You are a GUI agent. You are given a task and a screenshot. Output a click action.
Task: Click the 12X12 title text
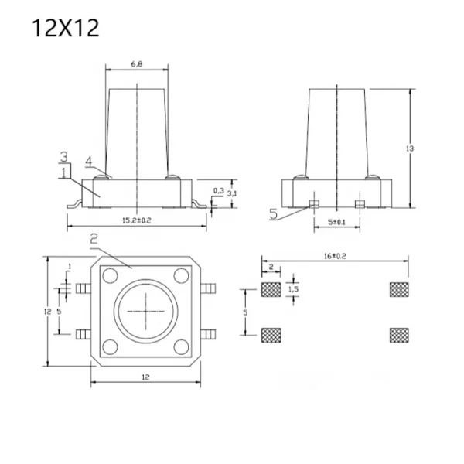[65, 28]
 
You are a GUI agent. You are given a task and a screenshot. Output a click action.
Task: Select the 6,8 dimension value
[137, 63]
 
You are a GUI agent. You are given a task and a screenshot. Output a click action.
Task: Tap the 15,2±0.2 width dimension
[137, 220]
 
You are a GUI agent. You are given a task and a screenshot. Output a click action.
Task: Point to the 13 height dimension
[410, 148]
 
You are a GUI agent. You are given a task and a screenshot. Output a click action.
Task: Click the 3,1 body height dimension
[232, 194]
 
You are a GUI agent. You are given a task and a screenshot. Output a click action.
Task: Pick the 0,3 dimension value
[218, 190]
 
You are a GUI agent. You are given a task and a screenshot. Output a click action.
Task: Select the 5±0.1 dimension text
[336, 222]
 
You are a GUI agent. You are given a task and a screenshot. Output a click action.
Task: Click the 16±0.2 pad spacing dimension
[335, 256]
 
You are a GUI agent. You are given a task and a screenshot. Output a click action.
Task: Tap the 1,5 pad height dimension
[293, 289]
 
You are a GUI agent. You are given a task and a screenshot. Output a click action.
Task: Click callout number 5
[274, 213]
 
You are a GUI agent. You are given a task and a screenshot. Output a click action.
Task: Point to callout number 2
[94, 238]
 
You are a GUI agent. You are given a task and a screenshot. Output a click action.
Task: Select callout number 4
[89, 162]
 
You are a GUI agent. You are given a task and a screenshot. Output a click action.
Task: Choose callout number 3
[64, 156]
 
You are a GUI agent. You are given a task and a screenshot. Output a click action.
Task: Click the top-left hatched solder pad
[271, 289]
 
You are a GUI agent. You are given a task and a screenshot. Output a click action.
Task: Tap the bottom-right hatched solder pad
[399, 336]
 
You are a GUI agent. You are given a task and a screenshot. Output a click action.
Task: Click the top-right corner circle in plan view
[182, 275]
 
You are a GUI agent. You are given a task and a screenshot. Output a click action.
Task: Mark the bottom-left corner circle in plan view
[110, 346]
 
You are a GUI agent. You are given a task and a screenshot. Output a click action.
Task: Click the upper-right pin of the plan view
[208, 288]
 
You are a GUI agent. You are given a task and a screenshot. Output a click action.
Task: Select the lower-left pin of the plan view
[84, 334]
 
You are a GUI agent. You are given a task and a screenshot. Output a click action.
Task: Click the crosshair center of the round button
[145, 312]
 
